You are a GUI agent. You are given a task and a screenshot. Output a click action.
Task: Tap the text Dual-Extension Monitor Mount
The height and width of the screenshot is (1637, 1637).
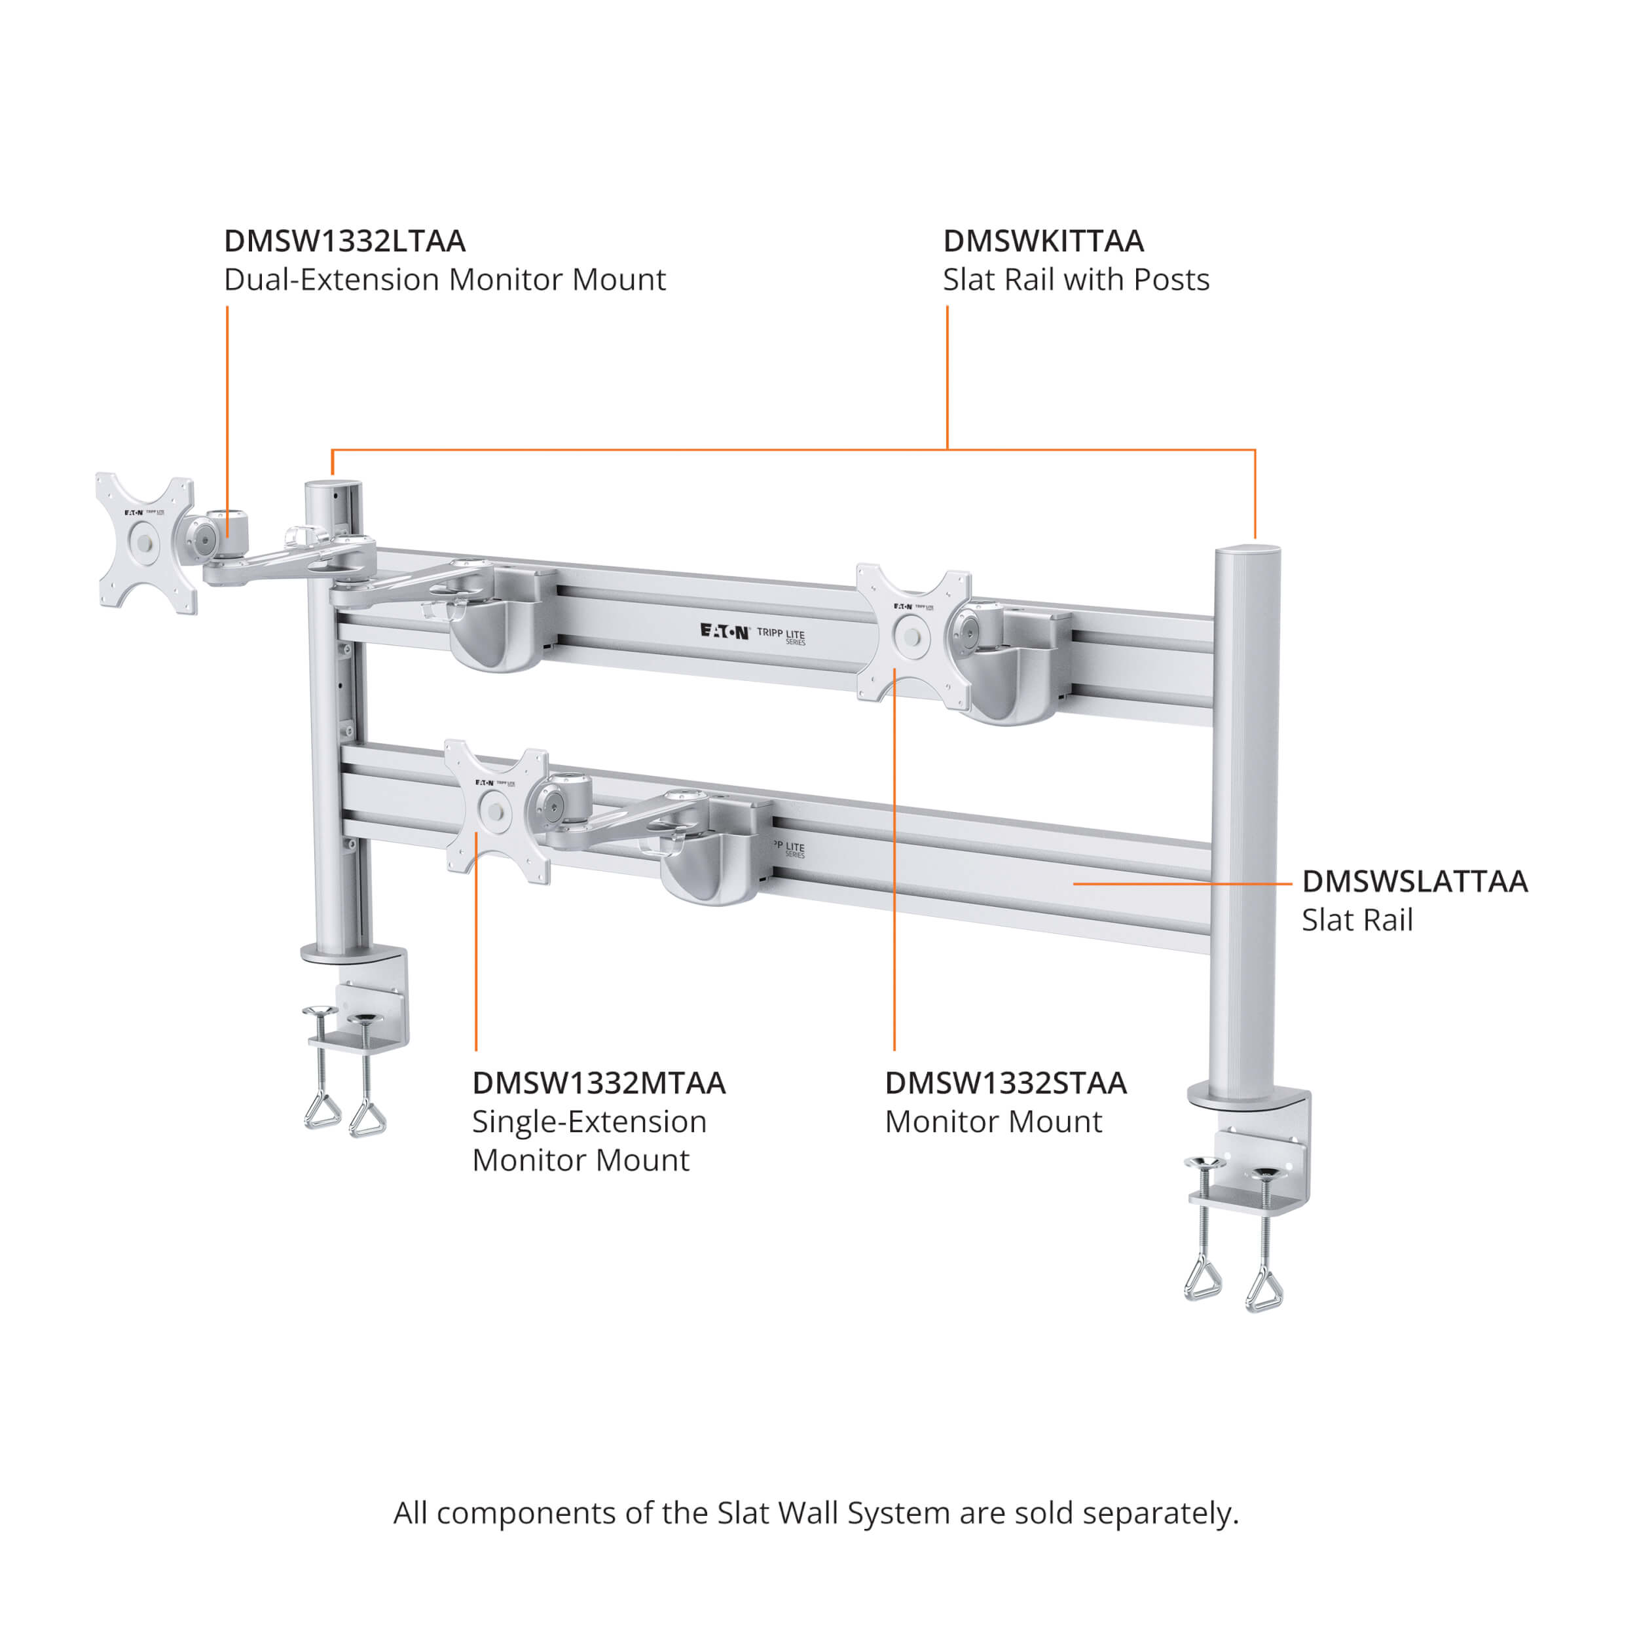444,280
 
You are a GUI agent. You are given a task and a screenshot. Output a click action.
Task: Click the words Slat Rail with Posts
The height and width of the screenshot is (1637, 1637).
1075,280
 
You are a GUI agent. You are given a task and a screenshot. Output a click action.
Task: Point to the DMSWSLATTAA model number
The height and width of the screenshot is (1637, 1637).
1414,881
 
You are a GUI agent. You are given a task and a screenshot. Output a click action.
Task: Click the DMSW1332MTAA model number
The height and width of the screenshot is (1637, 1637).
598,1083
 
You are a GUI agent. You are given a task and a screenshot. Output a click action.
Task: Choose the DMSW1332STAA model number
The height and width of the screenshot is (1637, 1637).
1005,1083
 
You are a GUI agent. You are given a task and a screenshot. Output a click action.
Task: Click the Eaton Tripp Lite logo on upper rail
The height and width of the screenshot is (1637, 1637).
752,633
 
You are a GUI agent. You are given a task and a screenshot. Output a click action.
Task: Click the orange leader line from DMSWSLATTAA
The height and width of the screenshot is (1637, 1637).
1182,884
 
